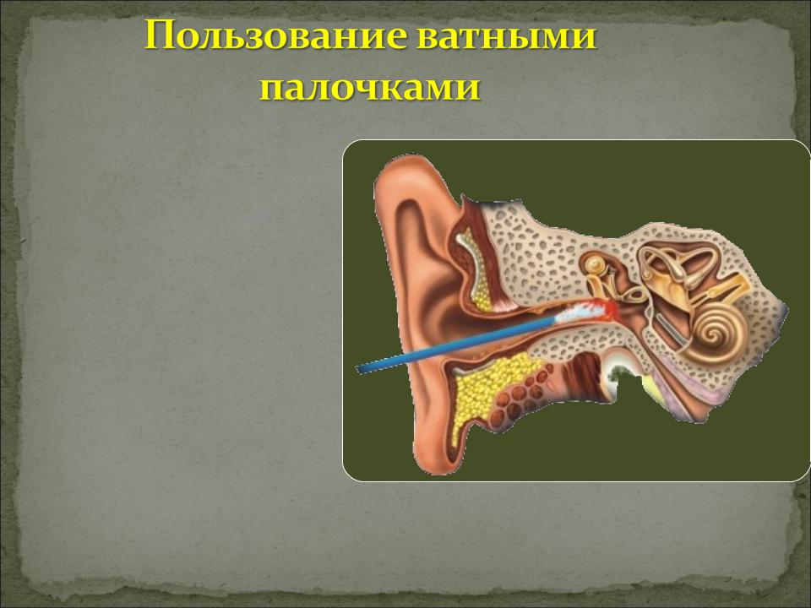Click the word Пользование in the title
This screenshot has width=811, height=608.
(x=277, y=36)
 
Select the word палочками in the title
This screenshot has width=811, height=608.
(x=370, y=88)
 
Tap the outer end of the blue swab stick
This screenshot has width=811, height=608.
(x=358, y=369)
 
